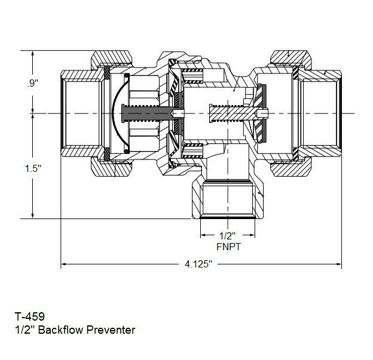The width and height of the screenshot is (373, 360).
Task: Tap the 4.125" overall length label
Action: tap(197, 263)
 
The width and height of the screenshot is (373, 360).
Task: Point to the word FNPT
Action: tap(228, 245)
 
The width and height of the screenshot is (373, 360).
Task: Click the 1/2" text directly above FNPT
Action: tap(228, 235)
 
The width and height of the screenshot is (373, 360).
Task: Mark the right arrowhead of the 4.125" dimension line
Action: tap(339, 263)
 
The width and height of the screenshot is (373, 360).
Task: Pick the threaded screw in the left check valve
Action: tap(143, 112)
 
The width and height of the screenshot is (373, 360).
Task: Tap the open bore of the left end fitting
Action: tap(81, 112)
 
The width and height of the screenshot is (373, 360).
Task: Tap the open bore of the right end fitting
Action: tap(320, 112)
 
